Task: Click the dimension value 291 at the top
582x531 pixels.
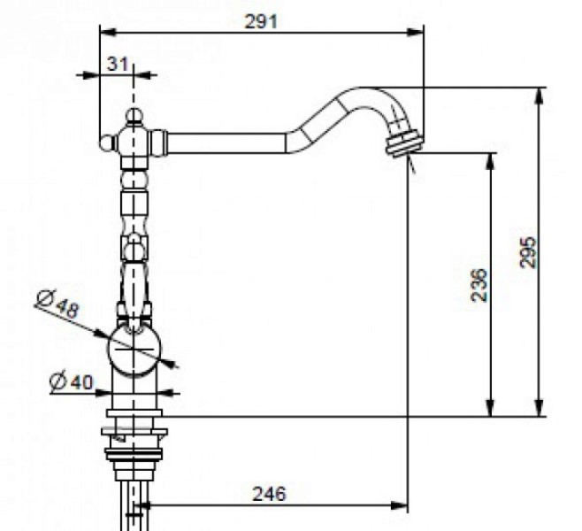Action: pos(261,21)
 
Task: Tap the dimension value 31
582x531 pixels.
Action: pos(118,64)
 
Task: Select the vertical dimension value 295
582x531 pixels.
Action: pos(528,252)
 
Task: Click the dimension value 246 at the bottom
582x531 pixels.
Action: pos(269,494)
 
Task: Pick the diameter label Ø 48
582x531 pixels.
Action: pos(58,303)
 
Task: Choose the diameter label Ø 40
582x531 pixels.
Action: pos(72,381)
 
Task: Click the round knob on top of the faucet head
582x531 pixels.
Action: pos(134,115)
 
